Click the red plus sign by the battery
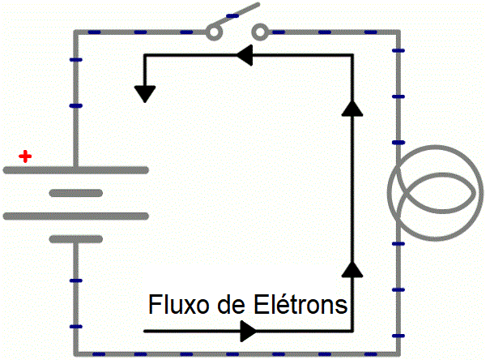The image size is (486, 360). (25, 156)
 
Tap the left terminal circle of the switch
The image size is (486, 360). (214, 32)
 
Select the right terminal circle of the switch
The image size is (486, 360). (260, 32)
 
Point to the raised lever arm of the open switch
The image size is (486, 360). (237, 15)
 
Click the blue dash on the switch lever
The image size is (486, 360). (232, 15)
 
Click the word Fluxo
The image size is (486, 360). (179, 304)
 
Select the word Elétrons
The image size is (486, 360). (301, 304)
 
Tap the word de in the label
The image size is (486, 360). (231, 304)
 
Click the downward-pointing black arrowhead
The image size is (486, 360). (145, 94)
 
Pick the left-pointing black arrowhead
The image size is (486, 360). (245, 55)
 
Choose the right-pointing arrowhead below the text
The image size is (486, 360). (249, 331)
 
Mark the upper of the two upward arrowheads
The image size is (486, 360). (352, 108)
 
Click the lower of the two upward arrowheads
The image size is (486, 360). (352, 268)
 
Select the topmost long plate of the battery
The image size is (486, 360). (76, 170)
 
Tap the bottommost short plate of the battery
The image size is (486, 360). (76, 239)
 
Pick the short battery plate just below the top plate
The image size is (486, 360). (76, 193)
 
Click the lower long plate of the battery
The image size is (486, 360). (76, 216)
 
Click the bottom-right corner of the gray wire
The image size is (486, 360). (399, 354)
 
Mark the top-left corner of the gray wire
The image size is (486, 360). (76, 32)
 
